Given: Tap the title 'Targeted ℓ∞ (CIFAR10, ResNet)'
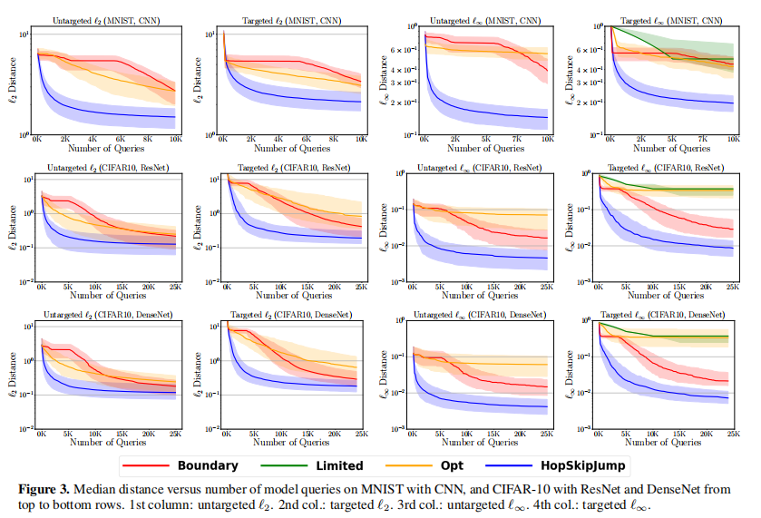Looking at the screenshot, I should coord(664,168).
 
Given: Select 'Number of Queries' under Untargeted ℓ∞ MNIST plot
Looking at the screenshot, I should coord(478,148).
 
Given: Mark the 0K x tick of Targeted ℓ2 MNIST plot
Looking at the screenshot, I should coord(223,141).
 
